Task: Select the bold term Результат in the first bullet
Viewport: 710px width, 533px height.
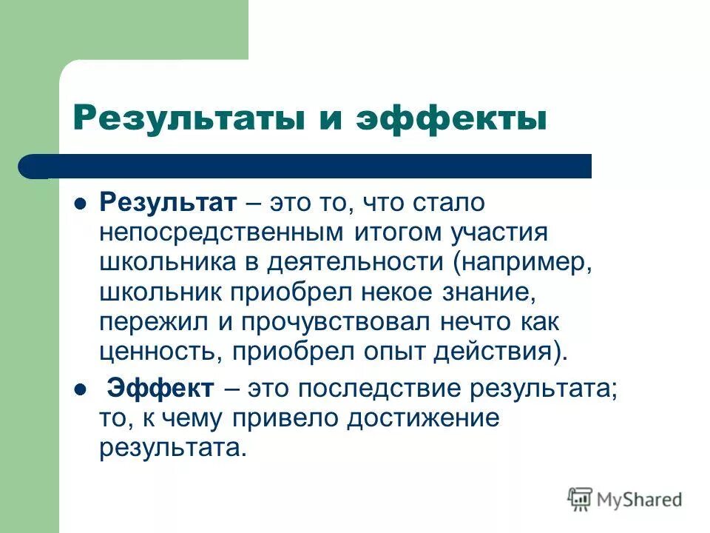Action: pos(168,203)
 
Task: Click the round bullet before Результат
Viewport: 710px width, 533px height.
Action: pos(82,203)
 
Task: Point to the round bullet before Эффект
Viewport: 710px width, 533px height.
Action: pos(82,388)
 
